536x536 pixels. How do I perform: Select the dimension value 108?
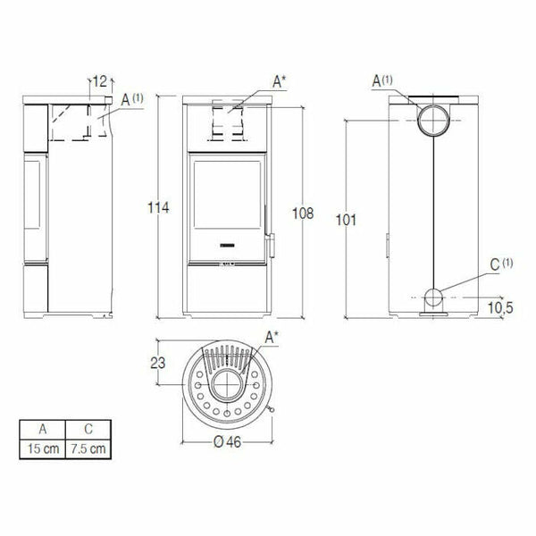305,214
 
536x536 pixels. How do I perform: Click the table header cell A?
41,428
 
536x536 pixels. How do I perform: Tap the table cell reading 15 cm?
41,447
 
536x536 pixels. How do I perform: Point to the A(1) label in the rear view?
382,81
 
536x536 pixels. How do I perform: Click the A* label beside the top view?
271,337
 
